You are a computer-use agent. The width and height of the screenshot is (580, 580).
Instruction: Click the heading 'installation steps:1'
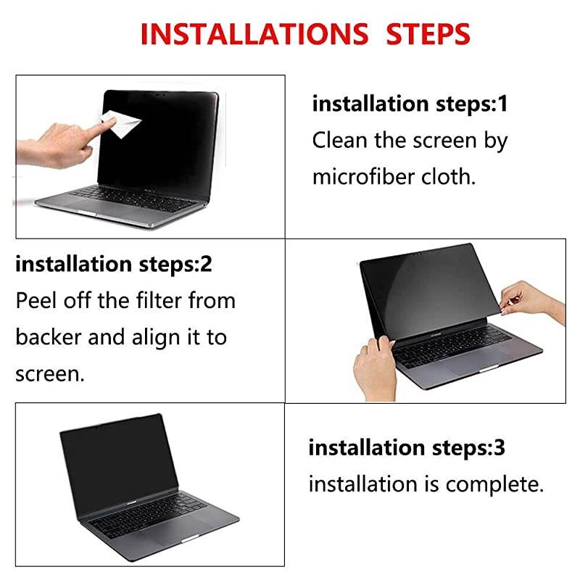[410, 104]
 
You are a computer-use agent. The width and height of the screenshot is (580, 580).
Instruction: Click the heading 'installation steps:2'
[114, 264]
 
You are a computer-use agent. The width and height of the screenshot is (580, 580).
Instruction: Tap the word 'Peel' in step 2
[36, 300]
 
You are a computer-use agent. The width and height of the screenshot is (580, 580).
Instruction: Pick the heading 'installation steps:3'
[407, 447]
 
